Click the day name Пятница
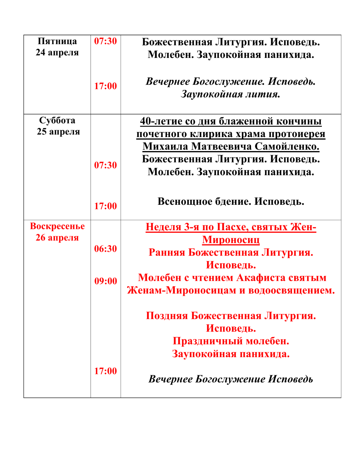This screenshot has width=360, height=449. pos(57,41)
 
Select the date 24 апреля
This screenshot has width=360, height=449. pos(57,52)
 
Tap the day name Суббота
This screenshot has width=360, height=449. pos(57,121)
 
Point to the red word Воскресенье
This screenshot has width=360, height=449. pos(57,226)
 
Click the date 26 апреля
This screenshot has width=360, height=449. pos(57,238)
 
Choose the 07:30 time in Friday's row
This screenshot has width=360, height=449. pos(105,41)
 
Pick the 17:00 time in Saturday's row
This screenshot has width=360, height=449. pos(105,206)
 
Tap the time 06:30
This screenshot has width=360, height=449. pos(105,249)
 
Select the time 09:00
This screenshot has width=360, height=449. pos(105,281)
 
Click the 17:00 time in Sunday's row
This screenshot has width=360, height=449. pos(105,371)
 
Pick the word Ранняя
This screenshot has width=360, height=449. pos(167,252)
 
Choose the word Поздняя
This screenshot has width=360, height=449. pos(167,316)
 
